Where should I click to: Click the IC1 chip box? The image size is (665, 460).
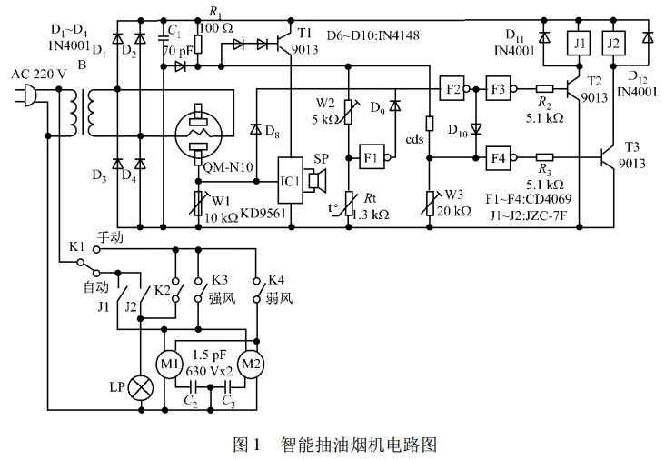[x=292, y=182]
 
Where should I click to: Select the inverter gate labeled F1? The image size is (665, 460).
[x=372, y=156]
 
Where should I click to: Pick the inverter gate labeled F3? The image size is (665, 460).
[x=497, y=89]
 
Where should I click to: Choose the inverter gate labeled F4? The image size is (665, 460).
[x=497, y=155]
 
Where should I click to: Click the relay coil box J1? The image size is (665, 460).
[x=578, y=43]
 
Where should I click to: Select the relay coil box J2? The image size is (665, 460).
[x=615, y=43]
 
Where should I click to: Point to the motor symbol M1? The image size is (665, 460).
[x=170, y=365]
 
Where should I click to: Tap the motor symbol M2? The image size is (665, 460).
[x=250, y=365]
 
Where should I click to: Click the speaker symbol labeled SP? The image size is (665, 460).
[x=317, y=182]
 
